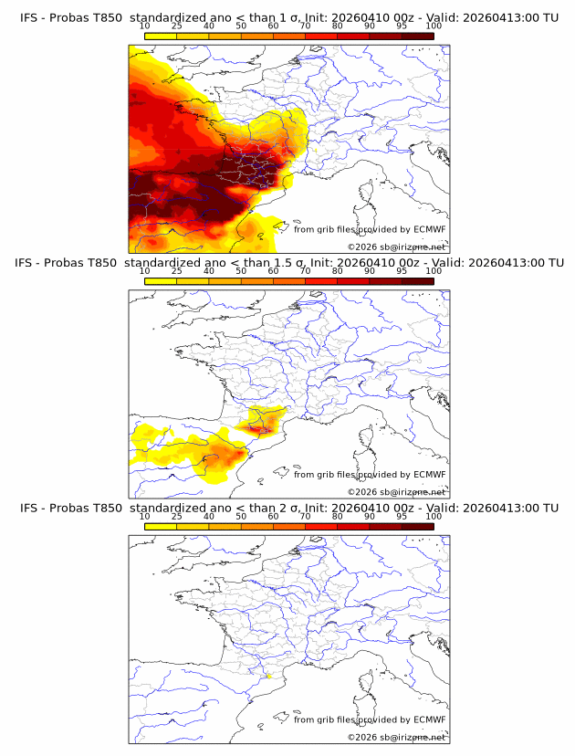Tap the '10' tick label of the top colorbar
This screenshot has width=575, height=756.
[145, 26]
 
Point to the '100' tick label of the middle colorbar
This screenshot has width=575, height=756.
[434, 271]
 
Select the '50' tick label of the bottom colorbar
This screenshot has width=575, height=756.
[241, 516]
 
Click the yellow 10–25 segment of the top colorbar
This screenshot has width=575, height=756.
[161, 36]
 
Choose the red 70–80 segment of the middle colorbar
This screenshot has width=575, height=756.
[321, 281]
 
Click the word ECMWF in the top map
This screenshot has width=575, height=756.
[429, 229]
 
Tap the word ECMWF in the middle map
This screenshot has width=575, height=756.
[429, 474]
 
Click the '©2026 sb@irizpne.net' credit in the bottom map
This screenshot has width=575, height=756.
[396, 737]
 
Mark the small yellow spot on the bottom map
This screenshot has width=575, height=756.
[269, 677]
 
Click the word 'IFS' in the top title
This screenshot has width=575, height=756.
[30, 17]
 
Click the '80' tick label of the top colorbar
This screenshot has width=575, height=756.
[338, 26]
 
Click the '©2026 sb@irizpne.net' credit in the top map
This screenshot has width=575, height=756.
[396, 247]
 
